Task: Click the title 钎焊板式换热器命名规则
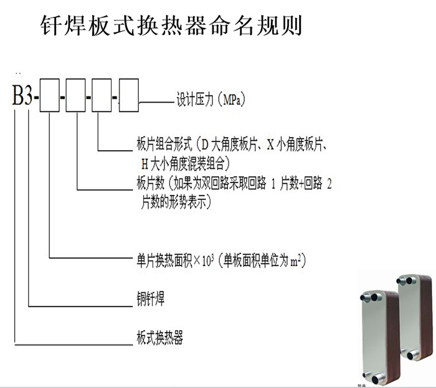click(x=171, y=26)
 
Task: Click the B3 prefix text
click(x=22, y=95)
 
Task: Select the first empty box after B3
click(x=49, y=95)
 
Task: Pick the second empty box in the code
click(x=75, y=95)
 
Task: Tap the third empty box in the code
click(x=102, y=95)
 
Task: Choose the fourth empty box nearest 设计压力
click(x=129, y=95)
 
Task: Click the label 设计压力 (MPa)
click(x=211, y=99)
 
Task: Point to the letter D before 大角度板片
click(x=205, y=145)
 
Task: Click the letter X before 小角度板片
click(x=270, y=145)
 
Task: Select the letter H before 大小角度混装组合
click(x=145, y=164)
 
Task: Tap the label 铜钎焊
click(x=151, y=299)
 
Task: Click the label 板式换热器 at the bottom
click(x=159, y=338)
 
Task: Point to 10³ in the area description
click(x=208, y=261)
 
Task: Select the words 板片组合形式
click(x=164, y=145)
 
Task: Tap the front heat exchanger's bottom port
click(x=378, y=379)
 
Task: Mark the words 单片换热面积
click(x=164, y=261)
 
